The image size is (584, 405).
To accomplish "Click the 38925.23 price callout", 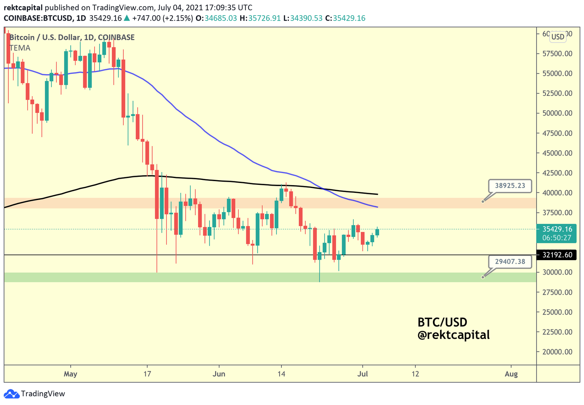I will coord(510,186).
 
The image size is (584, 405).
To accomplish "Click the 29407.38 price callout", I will coord(510,261).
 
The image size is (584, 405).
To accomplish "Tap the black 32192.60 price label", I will coord(557,255).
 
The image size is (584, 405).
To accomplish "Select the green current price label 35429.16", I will coord(557,229).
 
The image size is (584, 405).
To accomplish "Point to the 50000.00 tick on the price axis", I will coord(557,113).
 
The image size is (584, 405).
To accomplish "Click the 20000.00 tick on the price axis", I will coord(557,352).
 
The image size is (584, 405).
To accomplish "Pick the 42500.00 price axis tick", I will coord(557,173).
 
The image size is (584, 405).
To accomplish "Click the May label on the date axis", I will coord(70,374).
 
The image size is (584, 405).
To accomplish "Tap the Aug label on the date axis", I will coord(511,374).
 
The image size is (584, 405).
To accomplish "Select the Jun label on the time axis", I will coord(219,374).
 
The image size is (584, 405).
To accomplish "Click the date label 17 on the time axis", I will coord(148,374).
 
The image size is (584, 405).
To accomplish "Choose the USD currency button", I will coord(558,37).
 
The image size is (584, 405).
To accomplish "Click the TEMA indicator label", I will coord(20,48).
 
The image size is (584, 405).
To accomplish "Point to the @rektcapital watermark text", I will coord(453,335).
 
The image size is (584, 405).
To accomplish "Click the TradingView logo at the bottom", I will coord(35,394).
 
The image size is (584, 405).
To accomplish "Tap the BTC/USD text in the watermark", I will coord(442,322).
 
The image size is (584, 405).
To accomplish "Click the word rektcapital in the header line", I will coord(23,8).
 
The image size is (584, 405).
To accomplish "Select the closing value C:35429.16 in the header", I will coord(345,18).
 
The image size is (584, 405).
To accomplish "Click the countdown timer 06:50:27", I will coord(557,238).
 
